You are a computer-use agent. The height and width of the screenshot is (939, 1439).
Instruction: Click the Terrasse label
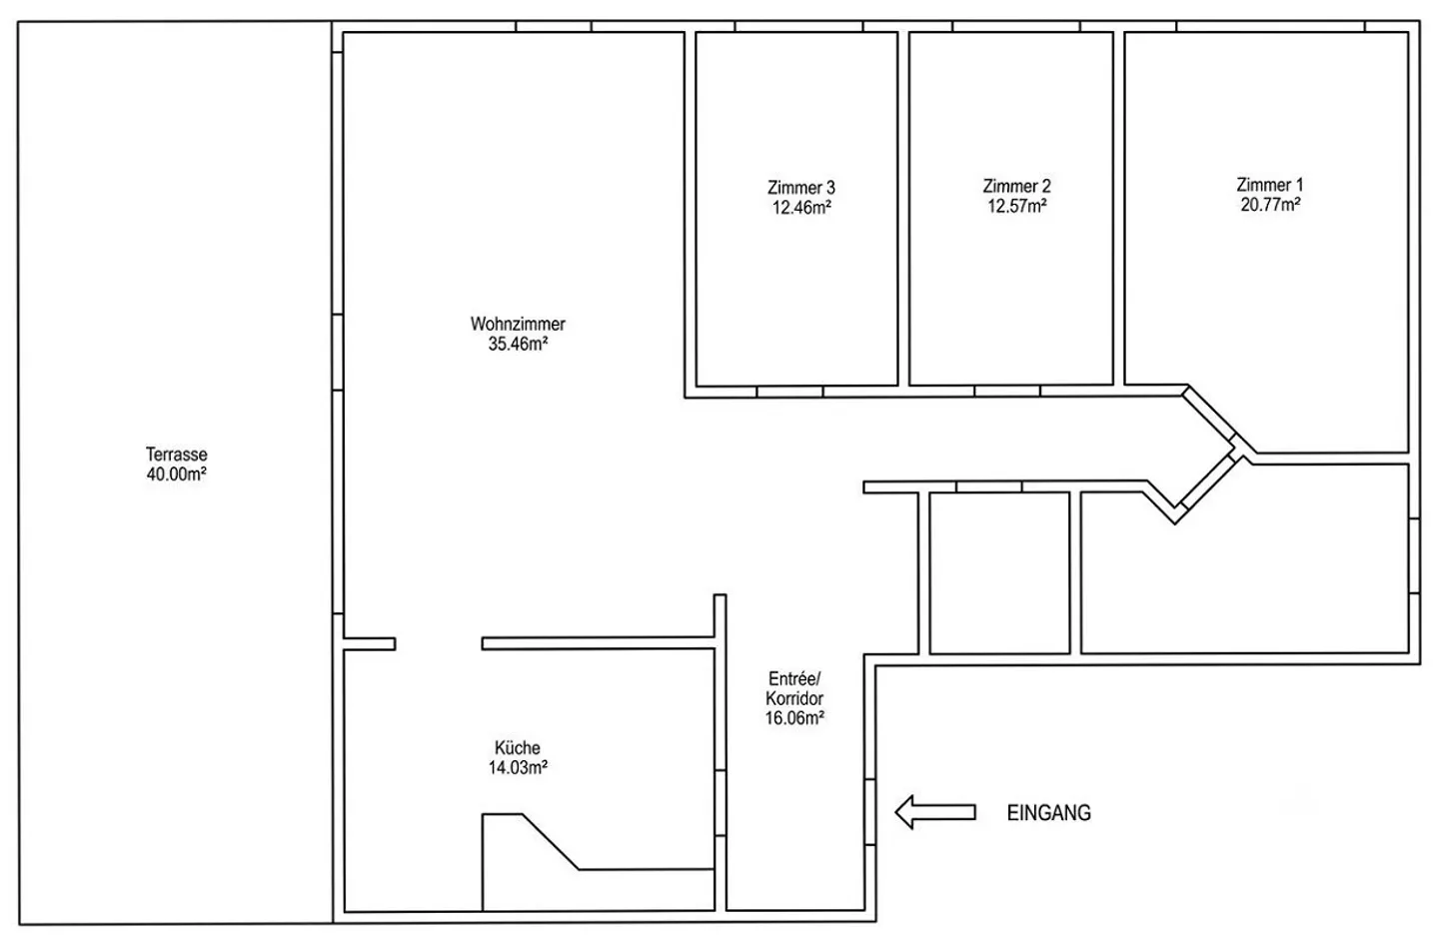pos(177,455)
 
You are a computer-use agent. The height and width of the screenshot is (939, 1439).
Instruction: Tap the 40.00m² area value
pos(177,474)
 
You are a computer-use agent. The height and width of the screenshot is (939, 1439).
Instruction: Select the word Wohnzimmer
pos(518,324)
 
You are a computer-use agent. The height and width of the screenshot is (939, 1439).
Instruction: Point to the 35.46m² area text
pos(518,344)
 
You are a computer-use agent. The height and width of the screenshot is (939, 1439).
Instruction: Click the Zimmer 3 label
pos(801,188)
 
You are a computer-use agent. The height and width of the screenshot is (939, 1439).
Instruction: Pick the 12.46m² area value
pos(801,208)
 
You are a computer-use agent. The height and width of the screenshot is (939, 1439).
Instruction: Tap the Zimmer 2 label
pos(1017,186)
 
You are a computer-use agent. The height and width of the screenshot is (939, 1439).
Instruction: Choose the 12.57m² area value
pos(1017,206)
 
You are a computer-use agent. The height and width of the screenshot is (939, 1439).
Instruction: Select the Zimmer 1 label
pos(1270,185)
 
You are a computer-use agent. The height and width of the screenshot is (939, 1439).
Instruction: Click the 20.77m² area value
pos(1271,205)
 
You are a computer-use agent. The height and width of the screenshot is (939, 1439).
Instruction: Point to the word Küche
pos(518,747)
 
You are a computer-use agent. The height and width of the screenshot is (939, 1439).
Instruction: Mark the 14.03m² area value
pos(518,767)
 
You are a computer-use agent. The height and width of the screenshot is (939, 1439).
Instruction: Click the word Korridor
pos(794,698)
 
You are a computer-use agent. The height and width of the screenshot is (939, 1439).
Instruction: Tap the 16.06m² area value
pos(794,718)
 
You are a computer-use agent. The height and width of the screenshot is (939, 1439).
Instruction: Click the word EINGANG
pos(1049,812)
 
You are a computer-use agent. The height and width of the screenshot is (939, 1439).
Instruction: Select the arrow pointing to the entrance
pos(935,812)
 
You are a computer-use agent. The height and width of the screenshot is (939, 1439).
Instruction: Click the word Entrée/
pos(794,678)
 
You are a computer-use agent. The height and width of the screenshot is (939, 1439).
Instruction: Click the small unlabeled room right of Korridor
pos(999,573)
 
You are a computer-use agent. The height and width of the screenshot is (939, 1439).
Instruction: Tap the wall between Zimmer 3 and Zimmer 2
pos(903,210)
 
